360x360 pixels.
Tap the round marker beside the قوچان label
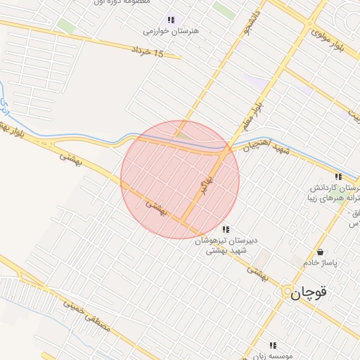click(x=288, y=293)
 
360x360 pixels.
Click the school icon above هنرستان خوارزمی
click(x=170, y=20)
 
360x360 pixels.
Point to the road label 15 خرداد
click(x=148, y=52)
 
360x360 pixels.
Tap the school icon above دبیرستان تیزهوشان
click(x=225, y=229)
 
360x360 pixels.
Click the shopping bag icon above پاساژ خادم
click(x=321, y=252)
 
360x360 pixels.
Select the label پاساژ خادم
click(x=321, y=262)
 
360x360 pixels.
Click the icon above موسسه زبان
click(x=273, y=345)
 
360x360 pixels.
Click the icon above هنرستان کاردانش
click(x=337, y=177)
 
